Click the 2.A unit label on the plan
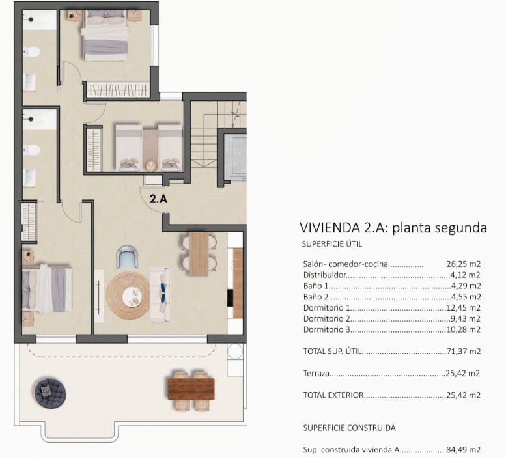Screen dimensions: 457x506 (x=159, y=200)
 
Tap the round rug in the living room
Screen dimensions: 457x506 (x=128, y=295)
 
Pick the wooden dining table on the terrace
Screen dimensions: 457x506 (x=191, y=389)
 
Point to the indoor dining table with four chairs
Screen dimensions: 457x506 (x=198, y=253)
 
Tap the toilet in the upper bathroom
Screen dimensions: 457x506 (x=32, y=52)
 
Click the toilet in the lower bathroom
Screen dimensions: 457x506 (x=32, y=150)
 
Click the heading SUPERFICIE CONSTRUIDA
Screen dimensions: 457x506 (x=349, y=428)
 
